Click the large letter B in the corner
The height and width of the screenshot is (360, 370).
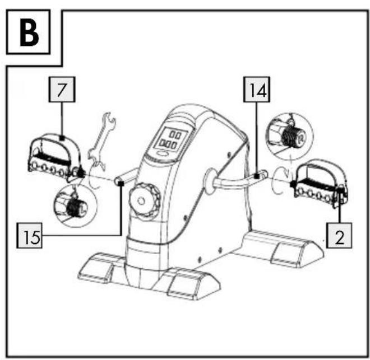point(29,32)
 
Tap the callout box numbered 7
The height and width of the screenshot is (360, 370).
point(62,90)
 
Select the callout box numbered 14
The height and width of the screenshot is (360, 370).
point(257,90)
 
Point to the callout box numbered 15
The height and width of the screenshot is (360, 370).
point(30,236)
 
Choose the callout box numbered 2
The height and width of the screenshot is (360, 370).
point(339,236)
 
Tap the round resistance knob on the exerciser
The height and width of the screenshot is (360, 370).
point(145,200)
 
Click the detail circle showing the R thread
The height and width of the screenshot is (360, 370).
point(289,136)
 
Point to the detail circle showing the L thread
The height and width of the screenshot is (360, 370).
point(75,205)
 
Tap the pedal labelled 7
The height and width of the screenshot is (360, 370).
point(55,158)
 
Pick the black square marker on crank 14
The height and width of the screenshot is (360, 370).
point(257,176)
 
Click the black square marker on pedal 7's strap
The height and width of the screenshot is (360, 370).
point(62,138)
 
